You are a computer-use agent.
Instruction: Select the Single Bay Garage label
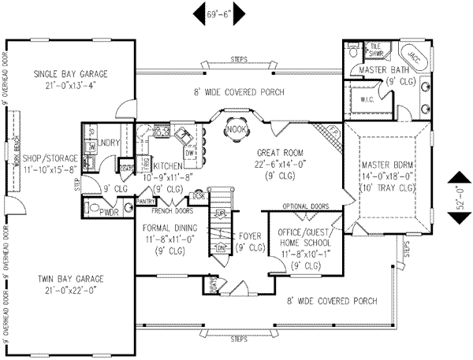(x=70, y=74)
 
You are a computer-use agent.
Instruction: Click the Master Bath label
(x=377, y=69)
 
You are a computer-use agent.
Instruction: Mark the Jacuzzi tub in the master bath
(x=412, y=56)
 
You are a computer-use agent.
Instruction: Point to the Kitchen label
(x=169, y=166)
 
